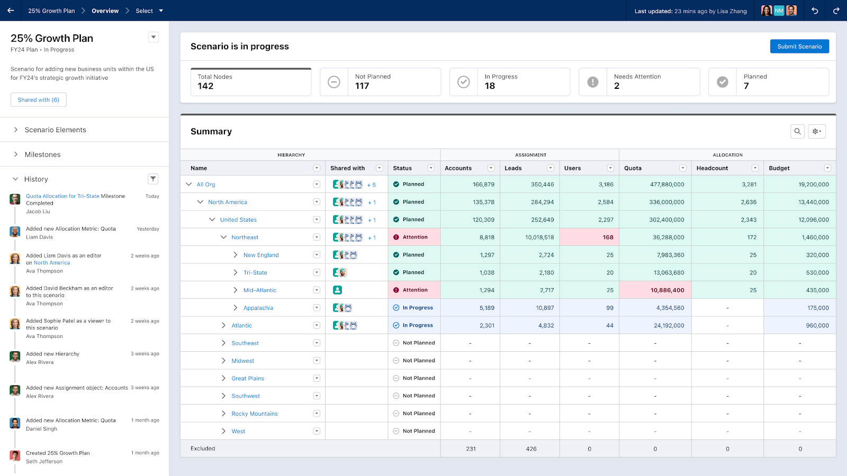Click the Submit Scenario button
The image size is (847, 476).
tap(799, 47)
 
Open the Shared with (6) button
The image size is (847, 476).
tap(39, 100)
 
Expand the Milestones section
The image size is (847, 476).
tap(42, 154)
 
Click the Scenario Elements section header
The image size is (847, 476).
tap(55, 130)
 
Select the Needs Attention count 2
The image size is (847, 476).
tap(617, 86)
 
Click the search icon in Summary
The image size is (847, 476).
tap(797, 132)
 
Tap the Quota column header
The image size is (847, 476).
tap(633, 168)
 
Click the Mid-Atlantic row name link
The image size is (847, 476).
tap(259, 290)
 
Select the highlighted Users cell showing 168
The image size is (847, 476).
tap(608, 237)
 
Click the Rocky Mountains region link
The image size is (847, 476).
tap(254, 414)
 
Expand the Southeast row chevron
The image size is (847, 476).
tap(223, 343)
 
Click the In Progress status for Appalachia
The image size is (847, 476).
tap(417, 308)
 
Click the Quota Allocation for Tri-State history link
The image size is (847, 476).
tap(62, 196)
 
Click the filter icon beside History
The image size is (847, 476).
tap(153, 179)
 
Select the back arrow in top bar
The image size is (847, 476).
tap(11, 11)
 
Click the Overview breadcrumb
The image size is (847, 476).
tap(105, 11)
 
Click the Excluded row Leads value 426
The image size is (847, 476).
tap(531, 449)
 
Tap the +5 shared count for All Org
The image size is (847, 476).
tap(372, 185)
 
